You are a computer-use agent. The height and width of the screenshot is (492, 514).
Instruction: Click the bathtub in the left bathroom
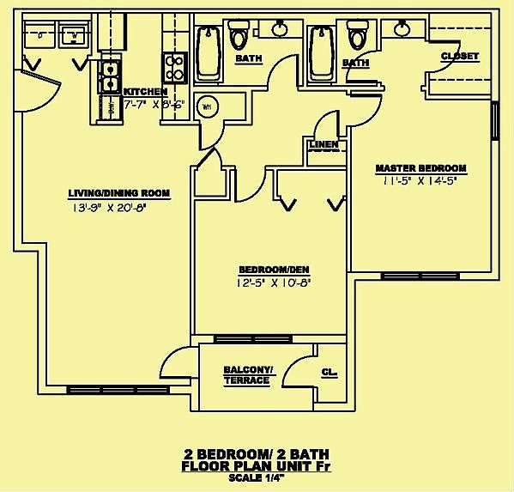tap(206, 52)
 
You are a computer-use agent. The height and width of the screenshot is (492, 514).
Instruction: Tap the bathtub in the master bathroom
tap(320, 52)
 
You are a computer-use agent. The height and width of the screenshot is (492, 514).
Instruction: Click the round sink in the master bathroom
tap(401, 29)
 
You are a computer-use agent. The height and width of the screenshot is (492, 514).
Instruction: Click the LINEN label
tap(323, 144)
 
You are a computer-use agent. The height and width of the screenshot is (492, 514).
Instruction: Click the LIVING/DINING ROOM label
tap(107, 192)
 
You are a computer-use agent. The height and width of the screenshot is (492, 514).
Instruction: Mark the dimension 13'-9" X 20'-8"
tap(106, 207)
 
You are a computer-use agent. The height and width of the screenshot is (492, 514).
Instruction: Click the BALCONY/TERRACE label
tap(248, 374)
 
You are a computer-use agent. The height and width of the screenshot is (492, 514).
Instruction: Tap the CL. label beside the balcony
tap(328, 374)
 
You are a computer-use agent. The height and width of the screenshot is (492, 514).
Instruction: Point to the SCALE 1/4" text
tap(257, 477)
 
